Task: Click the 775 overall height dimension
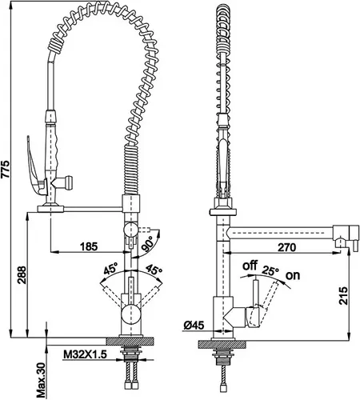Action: pyautogui.click(x=5, y=169)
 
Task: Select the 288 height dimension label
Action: pyautogui.click(x=22, y=274)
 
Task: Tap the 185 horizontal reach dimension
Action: pyautogui.click(x=89, y=246)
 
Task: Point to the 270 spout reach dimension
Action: pyautogui.click(x=287, y=247)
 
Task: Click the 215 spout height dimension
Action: pyautogui.click(x=343, y=295)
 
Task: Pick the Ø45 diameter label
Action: pyautogui.click(x=194, y=325)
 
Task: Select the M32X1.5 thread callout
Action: pyautogui.click(x=85, y=354)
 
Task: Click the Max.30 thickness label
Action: pyautogui.click(x=41, y=381)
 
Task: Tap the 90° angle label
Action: pyautogui.click(x=149, y=244)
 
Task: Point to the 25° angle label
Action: pyautogui.click(x=270, y=271)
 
